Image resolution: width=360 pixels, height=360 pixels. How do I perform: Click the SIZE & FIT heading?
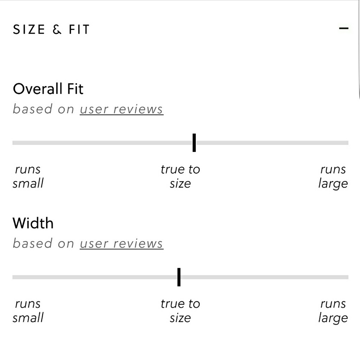pos(51,30)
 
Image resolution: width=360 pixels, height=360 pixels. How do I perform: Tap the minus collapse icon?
pos(344,28)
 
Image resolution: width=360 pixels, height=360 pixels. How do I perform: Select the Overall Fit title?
pos(48,89)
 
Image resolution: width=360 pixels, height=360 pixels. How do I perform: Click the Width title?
pos(33,223)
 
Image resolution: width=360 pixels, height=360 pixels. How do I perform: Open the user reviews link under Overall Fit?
pos(121,109)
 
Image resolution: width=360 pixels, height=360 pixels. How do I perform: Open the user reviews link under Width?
pos(121,243)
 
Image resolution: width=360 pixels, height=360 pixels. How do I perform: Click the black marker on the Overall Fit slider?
pos(194,143)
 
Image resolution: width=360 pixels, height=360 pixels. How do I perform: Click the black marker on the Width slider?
pos(179,277)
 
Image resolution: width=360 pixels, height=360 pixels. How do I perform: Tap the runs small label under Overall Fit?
pos(28,176)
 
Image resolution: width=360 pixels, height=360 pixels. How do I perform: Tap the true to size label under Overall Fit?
pos(180,176)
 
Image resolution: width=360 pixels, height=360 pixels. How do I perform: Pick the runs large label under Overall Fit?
pos(333,176)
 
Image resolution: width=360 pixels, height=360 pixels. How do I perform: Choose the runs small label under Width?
pos(28,311)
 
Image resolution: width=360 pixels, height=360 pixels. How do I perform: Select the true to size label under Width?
pos(180,311)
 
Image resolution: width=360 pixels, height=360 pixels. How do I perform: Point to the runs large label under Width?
pos(333,311)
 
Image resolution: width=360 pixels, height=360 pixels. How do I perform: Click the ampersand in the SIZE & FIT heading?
pos(57,30)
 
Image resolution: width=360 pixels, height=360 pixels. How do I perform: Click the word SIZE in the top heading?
pos(29,30)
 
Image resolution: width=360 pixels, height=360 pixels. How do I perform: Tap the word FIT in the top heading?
pos(79,30)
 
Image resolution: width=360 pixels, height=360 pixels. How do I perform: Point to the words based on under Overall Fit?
pos(44,109)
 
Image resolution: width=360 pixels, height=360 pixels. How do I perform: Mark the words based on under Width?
pos(44,243)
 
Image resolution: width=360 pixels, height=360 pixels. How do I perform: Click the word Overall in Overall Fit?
pos(37,89)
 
